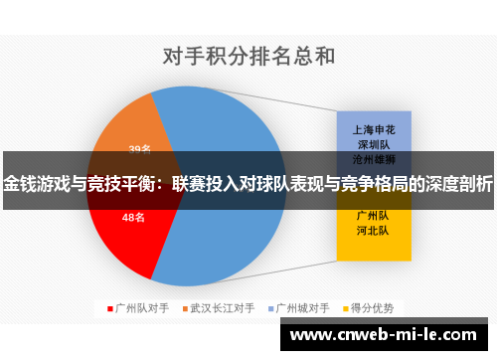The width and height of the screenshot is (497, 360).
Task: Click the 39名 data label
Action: coord(139,149)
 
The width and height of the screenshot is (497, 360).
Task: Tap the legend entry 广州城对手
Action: coord(306,308)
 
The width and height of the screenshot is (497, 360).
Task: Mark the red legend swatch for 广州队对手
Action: coord(110,308)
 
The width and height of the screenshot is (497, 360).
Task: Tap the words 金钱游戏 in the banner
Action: coord(38,184)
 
